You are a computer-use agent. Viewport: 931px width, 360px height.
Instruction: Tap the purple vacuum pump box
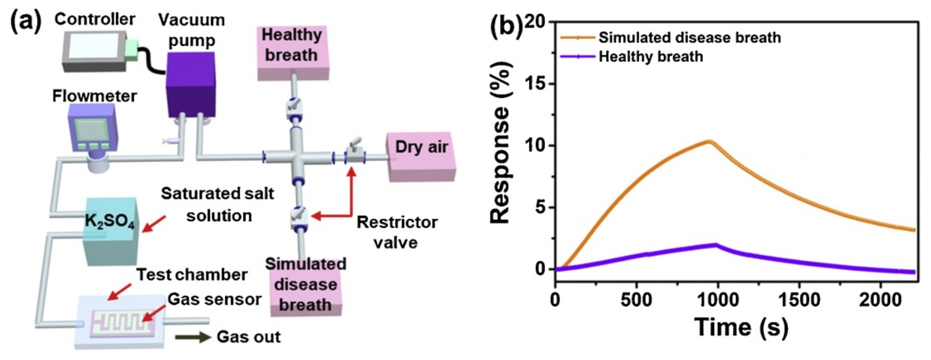point(190,85)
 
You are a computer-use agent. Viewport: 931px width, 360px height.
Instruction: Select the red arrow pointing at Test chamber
point(120,292)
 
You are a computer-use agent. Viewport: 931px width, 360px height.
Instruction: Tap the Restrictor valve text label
point(397,232)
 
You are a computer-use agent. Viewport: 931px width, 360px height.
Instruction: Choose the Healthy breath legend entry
point(651,57)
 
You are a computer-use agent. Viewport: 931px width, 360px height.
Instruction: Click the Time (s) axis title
point(741,327)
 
